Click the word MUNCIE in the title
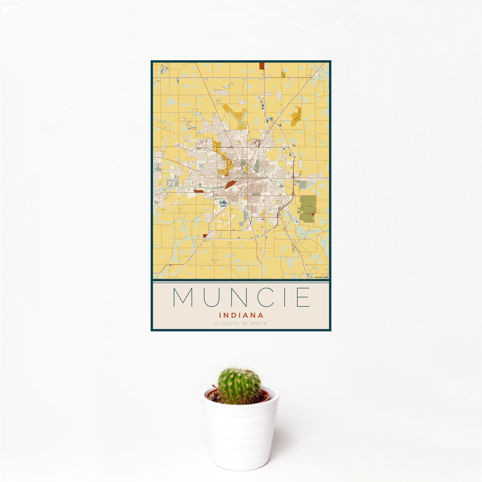click(241, 297)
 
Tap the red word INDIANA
click(241, 315)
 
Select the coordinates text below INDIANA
click(241, 323)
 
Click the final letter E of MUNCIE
click(304, 297)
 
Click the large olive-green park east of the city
click(308, 209)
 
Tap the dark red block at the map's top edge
click(262, 66)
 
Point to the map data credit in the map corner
click(322, 277)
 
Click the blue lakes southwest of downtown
click(222, 203)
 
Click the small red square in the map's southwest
click(205, 236)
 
